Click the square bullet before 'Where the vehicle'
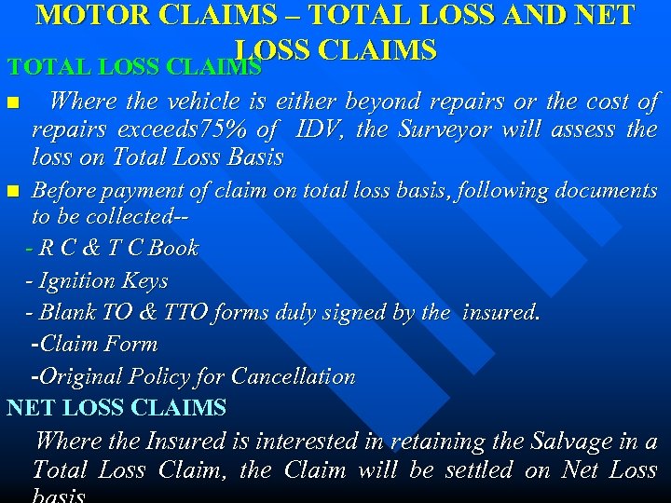coord(11,102)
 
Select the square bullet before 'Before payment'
coord(11,192)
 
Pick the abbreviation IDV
coord(320,129)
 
